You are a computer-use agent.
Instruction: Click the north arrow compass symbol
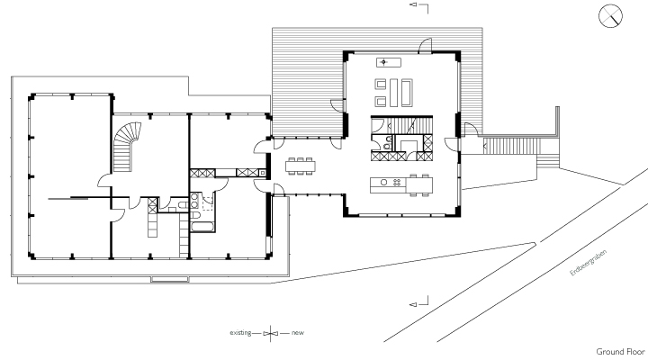[x=610, y=16]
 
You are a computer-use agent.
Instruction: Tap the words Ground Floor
[x=620, y=352]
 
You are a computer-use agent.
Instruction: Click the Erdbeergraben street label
[x=589, y=263]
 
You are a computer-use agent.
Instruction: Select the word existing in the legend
[x=240, y=332]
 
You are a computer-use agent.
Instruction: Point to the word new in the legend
[x=298, y=332]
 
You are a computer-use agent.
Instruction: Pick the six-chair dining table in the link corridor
[x=301, y=166]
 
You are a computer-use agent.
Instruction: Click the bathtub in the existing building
[x=202, y=227]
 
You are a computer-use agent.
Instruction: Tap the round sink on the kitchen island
[x=384, y=183]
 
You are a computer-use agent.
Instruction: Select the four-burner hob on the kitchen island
[x=397, y=183]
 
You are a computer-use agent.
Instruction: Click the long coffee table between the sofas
[x=393, y=93]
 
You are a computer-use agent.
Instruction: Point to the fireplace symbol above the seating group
[x=389, y=62]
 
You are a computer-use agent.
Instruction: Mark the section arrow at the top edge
[x=418, y=5]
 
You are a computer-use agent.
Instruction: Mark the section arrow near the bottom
[x=418, y=302]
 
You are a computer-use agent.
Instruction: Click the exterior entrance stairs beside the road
[x=511, y=146]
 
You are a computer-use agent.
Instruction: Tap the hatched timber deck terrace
[x=307, y=82]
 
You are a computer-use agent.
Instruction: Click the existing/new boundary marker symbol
[x=270, y=333]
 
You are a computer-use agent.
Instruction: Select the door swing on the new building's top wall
[x=425, y=46]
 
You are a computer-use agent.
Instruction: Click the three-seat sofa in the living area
[x=407, y=93]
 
